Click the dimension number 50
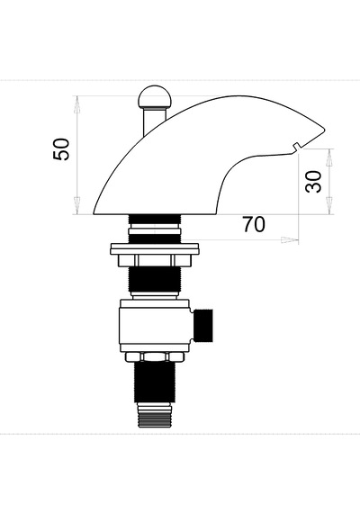coord(61,149)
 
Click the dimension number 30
coord(313,182)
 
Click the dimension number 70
coord(254,224)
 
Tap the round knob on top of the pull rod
coord(154,97)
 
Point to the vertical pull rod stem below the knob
coord(155,121)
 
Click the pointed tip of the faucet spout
coord(325,130)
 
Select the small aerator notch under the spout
coord(297,147)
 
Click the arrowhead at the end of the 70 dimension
coord(290,239)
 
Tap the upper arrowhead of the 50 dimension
coord(77,105)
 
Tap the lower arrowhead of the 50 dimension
coord(77,205)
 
